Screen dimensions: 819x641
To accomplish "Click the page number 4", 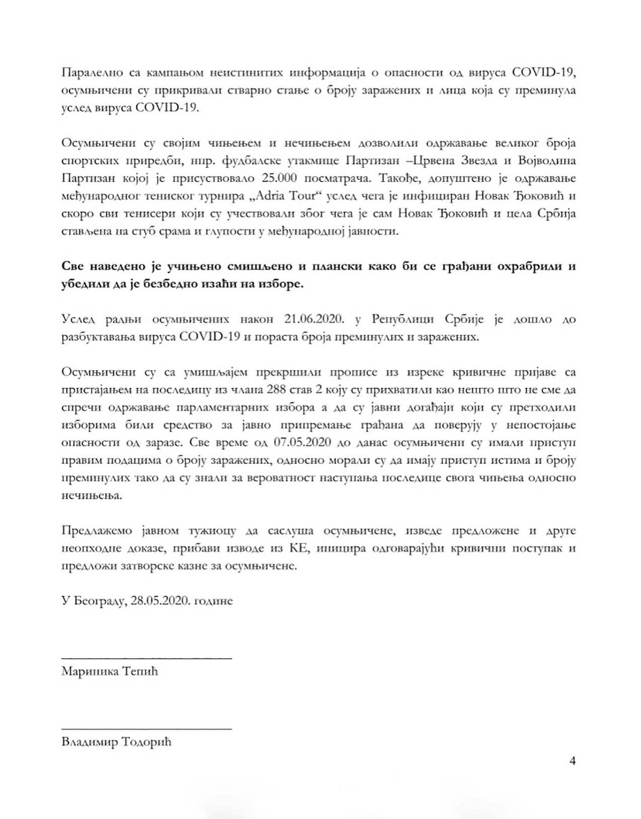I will point(572,761).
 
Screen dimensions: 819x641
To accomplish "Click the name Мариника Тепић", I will point(109,671).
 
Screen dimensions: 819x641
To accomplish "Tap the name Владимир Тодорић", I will point(116,742).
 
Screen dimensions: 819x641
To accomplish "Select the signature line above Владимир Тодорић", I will point(146,728).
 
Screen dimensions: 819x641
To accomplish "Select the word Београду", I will point(99,601).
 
